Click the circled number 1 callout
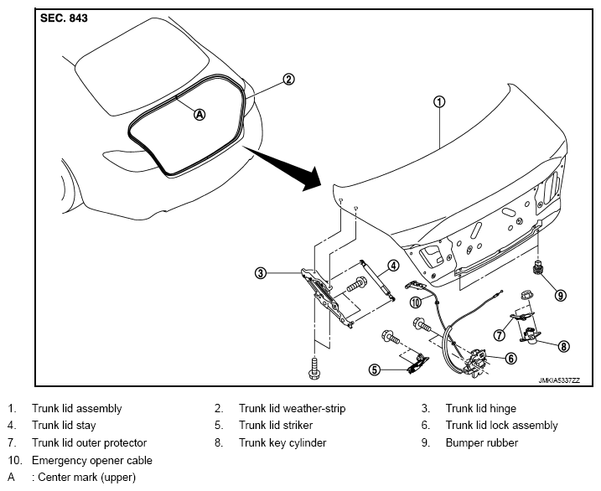click(439, 102)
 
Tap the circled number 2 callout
click(288, 80)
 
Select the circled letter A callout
click(199, 114)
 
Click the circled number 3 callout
click(261, 273)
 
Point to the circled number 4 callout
click(393, 266)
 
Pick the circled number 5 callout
click(375, 370)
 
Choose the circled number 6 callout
click(511, 359)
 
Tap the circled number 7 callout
click(499, 335)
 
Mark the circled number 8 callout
click(563, 346)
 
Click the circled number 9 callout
click(561, 295)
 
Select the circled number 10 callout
click(416, 302)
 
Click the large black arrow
click(282, 169)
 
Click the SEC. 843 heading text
click(64, 18)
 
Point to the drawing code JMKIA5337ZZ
click(559, 380)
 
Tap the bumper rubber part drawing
click(538, 266)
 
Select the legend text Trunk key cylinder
click(282, 442)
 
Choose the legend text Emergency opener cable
click(92, 460)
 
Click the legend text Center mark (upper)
click(86, 478)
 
